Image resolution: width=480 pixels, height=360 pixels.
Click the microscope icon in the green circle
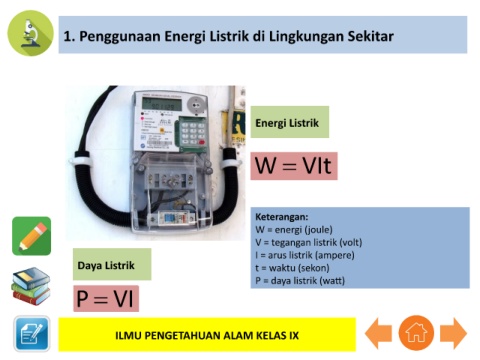click(30, 33)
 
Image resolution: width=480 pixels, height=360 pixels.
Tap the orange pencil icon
click(32, 236)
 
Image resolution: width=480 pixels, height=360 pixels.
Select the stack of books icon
click(31, 286)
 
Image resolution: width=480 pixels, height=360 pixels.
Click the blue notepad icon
click(32, 334)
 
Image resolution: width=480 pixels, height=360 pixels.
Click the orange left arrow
click(378, 333)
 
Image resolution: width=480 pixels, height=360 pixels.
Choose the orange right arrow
click(453, 333)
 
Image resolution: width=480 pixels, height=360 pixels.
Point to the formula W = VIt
click(294, 166)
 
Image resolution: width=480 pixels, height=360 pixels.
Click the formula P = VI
click(106, 298)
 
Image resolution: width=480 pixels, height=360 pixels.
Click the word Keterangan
click(282, 217)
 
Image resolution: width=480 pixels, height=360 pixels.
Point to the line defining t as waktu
click(292, 268)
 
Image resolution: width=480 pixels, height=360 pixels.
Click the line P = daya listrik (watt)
click(300, 281)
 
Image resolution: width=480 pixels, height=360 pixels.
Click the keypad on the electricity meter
click(192, 133)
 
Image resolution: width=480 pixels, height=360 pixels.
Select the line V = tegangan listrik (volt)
click(309, 242)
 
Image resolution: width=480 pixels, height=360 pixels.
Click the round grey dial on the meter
click(196, 105)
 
